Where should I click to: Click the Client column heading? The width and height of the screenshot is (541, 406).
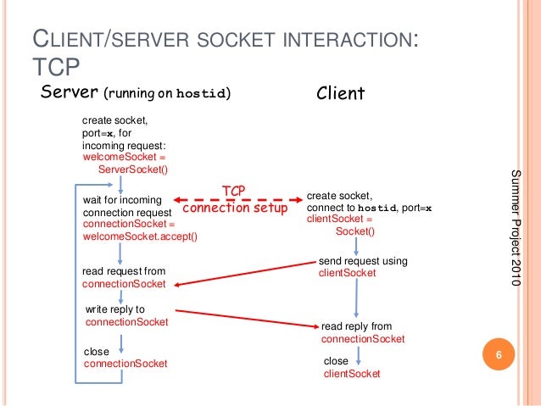[340, 93]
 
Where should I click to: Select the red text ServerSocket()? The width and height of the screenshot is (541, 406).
[133, 169]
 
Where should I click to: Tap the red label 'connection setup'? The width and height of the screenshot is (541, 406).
[235, 208]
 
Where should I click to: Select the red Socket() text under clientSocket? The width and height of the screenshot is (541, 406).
[354, 231]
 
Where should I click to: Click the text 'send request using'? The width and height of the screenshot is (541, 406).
[363, 261]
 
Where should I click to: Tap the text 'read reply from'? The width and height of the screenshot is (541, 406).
[356, 325]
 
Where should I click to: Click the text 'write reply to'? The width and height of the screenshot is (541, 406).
[115, 309]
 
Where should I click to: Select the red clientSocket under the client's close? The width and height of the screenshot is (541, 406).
[352, 373]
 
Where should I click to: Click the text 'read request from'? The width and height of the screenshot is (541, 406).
[124, 271]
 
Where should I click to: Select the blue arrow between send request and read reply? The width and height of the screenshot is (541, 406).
[354, 298]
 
